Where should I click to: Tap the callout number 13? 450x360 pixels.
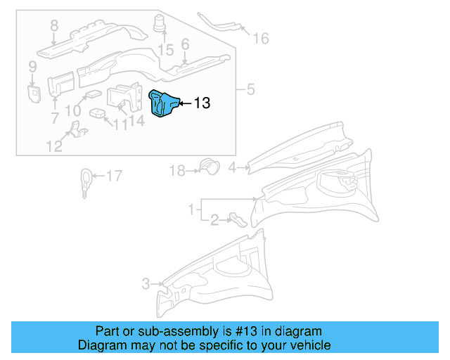coord(201,103)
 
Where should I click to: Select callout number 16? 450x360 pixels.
coord(261,39)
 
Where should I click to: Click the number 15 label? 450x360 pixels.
coord(165,50)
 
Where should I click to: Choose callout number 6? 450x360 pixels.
coord(185,44)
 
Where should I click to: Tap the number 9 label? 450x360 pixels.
coord(32,67)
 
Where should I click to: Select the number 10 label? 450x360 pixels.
coord(73,110)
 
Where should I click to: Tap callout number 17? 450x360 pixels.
coord(113,176)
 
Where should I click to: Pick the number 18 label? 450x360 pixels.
coord(176,170)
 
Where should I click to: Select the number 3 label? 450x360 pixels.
coord(146,284)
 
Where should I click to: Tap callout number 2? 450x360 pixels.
coord(214,220)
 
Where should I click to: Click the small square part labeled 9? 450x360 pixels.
coord(32,92)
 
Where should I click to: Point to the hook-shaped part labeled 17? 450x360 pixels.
coord(85,181)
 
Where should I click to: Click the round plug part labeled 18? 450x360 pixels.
coord(207,166)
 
